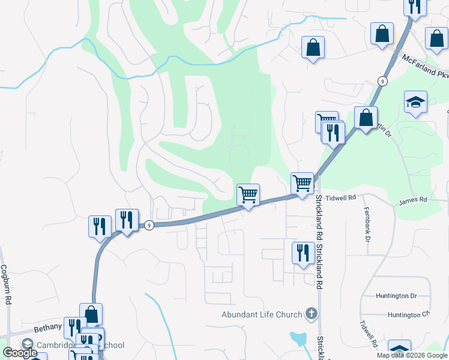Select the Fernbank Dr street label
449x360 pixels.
pyautogui.click(x=366, y=224)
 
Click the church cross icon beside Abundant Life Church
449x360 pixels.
pyautogui.click(x=311, y=313)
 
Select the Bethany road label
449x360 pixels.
pyautogui.click(x=47, y=327)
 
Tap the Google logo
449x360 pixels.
pyautogui.click(x=20, y=353)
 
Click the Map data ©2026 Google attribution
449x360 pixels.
pyautogui.click(x=412, y=355)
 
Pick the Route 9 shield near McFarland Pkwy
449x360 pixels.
pyautogui.click(x=382, y=80)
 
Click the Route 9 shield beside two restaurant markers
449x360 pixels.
pyautogui.click(x=149, y=225)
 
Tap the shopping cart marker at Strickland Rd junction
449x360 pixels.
pyautogui.click(x=302, y=184)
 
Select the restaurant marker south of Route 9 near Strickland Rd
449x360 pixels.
pyautogui.click(x=302, y=253)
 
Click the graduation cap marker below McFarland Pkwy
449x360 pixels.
pyautogui.click(x=415, y=102)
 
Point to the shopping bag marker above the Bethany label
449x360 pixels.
pyautogui.click(x=91, y=314)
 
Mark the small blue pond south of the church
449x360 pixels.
pyautogui.click(x=298, y=340)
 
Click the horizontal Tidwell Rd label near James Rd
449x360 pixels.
pyautogui.click(x=343, y=197)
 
